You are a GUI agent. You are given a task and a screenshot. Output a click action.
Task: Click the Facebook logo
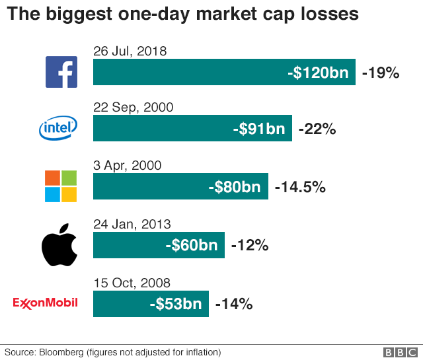pyautogui.click(x=61, y=72)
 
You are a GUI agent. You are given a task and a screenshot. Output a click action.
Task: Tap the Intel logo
pyautogui.click(x=58, y=127)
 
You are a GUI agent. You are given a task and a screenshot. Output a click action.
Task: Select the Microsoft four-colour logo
pyautogui.click(x=60, y=186)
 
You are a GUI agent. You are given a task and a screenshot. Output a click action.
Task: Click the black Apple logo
pyautogui.click(x=59, y=244)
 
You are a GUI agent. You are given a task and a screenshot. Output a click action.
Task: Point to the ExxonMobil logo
pyautogui.click(x=46, y=303)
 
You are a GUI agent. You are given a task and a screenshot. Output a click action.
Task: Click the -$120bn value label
pyautogui.click(x=318, y=73)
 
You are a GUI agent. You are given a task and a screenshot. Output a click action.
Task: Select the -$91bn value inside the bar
pyautogui.click(x=258, y=129)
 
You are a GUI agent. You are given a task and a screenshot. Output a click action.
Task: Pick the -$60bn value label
pyautogui.click(x=191, y=245)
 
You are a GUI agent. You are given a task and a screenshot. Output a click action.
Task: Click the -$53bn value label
pyautogui.click(x=175, y=304)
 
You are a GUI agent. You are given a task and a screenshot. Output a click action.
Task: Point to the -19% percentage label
pyautogui.click(x=381, y=73)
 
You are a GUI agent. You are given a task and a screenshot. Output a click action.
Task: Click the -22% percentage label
pyautogui.click(x=317, y=129)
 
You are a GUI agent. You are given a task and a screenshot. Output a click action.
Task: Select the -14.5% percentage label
pyautogui.click(x=299, y=187)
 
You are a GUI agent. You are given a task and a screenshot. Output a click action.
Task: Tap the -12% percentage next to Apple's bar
pyautogui.click(x=249, y=245)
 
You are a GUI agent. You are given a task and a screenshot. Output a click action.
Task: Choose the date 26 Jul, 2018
pyautogui.click(x=130, y=51)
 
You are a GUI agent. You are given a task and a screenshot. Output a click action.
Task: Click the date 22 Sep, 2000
pyautogui.click(x=134, y=107)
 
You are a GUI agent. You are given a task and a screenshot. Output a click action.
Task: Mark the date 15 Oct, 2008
pyautogui.click(x=132, y=283)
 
